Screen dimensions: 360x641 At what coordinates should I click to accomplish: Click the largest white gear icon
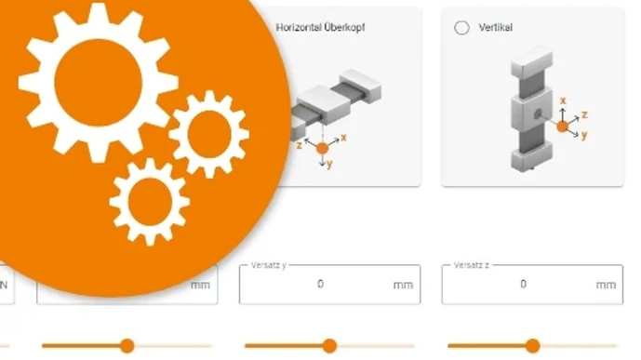(x=97, y=83)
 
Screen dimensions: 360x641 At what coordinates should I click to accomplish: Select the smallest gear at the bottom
(x=149, y=201)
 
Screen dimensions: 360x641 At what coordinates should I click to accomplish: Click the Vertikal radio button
(x=461, y=28)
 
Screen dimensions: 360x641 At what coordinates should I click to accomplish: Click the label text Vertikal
(x=496, y=28)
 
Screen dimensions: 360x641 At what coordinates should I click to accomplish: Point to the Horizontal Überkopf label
(x=320, y=28)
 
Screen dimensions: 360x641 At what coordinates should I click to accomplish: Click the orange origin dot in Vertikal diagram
(x=563, y=126)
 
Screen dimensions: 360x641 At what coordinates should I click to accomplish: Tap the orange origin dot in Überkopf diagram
(x=323, y=147)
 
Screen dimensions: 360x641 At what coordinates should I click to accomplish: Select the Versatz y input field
(x=329, y=285)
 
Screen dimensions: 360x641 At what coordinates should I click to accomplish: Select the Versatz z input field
(x=531, y=285)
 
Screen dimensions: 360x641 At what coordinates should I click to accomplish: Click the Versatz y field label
(x=268, y=266)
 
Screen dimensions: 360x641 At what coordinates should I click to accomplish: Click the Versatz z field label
(x=471, y=266)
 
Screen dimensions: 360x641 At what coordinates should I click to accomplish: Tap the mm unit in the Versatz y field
(x=403, y=285)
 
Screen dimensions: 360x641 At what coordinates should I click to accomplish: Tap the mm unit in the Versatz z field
(x=606, y=285)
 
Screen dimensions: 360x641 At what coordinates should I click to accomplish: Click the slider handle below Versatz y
(x=329, y=346)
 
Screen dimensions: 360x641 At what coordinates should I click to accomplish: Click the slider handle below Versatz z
(x=532, y=346)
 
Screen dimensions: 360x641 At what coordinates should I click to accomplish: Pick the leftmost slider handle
(x=127, y=346)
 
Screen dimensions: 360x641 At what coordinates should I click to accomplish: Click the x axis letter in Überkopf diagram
(x=344, y=137)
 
